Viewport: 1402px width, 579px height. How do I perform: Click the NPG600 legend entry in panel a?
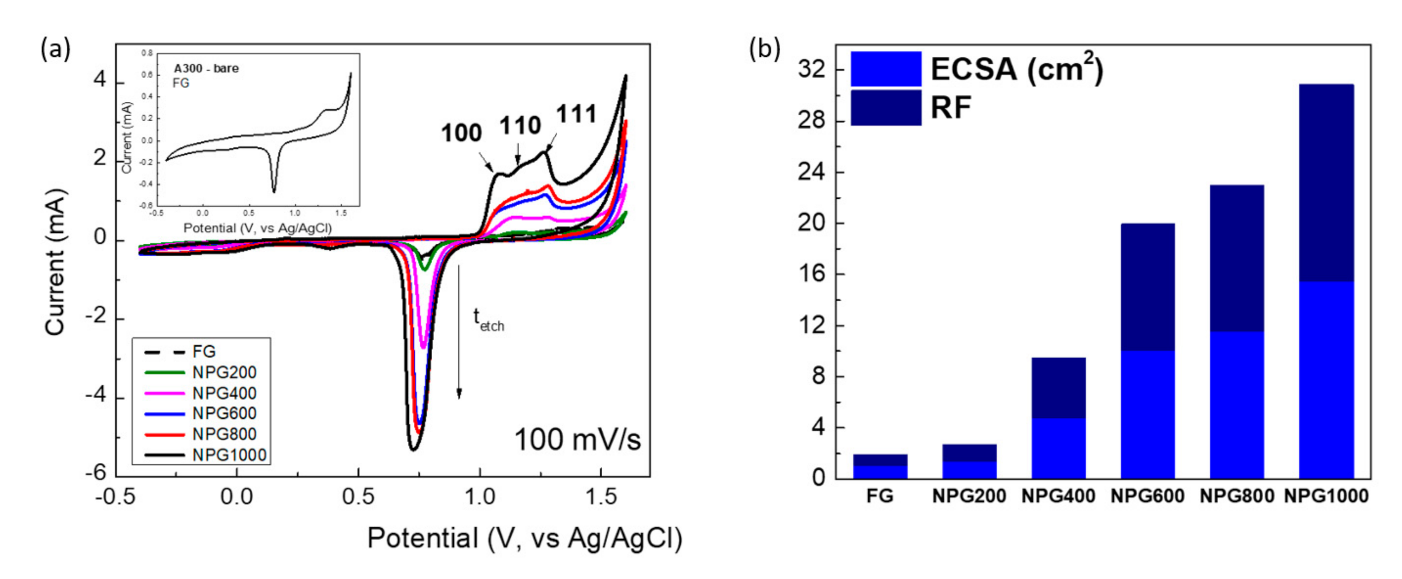point(224,413)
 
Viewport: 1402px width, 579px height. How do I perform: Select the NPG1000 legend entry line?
point(165,455)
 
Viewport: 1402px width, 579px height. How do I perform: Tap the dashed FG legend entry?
point(165,352)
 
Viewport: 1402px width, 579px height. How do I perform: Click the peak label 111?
point(576,115)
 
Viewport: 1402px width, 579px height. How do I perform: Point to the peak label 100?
point(461,133)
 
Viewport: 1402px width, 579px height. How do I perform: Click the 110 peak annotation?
point(520,126)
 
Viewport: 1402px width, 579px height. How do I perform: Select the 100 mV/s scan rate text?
point(577,440)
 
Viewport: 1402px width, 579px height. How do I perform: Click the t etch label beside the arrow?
point(488,320)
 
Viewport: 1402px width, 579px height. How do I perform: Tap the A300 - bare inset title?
point(206,68)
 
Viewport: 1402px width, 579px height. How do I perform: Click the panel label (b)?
point(765,49)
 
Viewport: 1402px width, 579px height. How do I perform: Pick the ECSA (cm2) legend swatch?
point(885,69)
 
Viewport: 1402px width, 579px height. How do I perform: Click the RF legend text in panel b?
point(950,108)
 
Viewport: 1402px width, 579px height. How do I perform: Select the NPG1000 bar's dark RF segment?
point(1326,183)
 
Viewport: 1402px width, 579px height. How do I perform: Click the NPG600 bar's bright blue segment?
point(1147,414)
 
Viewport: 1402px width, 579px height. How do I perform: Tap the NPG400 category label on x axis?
point(1058,496)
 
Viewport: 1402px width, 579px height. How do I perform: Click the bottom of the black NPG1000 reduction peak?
point(412,449)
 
